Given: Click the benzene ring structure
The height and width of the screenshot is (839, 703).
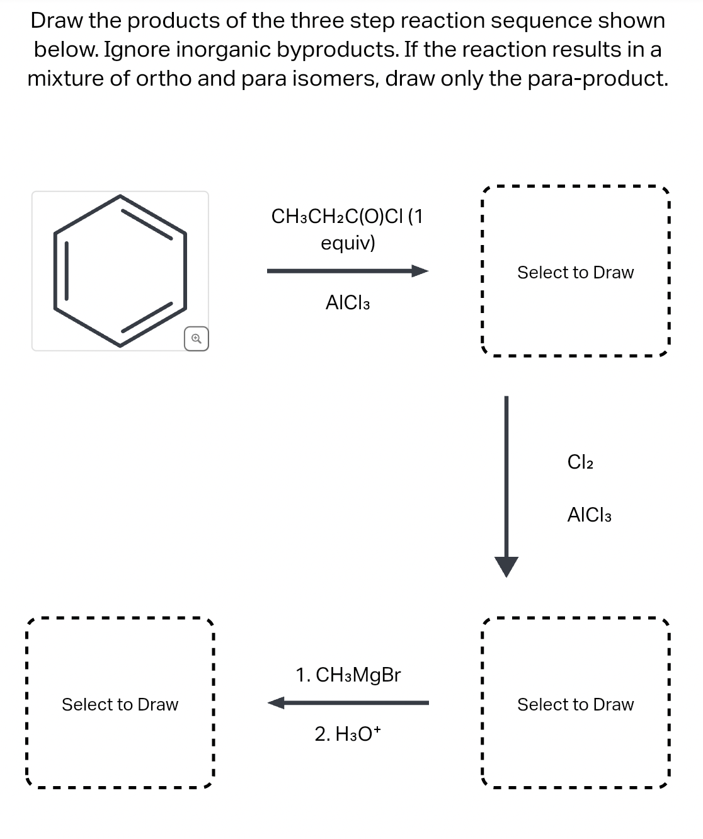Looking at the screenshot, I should (x=120, y=271).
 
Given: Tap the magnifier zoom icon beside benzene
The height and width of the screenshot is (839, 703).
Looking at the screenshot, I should (x=197, y=339).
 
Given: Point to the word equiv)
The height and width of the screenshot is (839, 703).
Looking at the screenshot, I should (x=348, y=243).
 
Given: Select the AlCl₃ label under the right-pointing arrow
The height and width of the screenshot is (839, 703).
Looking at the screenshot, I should (x=348, y=303).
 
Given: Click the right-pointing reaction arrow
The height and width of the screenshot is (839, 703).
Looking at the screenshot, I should (x=347, y=271).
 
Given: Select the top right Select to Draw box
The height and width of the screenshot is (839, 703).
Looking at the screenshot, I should (x=574, y=272).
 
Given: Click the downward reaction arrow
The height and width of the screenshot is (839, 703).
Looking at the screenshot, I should (x=506, y=485).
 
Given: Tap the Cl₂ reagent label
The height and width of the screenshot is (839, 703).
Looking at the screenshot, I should (x=580, y=462).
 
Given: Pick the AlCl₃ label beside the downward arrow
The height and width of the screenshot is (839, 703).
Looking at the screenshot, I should (x=589, y=515).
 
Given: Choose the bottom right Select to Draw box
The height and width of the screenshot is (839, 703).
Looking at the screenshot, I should (x=574, y=704).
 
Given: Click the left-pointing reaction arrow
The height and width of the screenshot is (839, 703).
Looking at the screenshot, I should (x=348, y=702).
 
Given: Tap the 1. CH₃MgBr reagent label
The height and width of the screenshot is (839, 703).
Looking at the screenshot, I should (x=348, y=675).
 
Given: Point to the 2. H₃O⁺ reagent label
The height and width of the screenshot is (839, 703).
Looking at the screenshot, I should (x=348, y=734).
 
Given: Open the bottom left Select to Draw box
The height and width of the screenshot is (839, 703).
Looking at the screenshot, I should (x=120, y=704).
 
